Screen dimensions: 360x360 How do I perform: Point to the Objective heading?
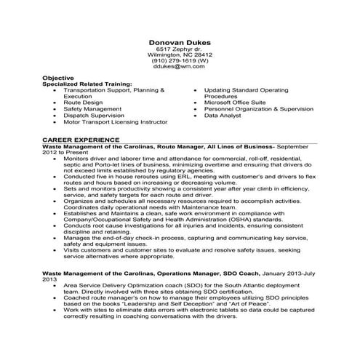pos(58,76)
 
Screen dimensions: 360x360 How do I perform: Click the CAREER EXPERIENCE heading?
pos(81,138)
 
